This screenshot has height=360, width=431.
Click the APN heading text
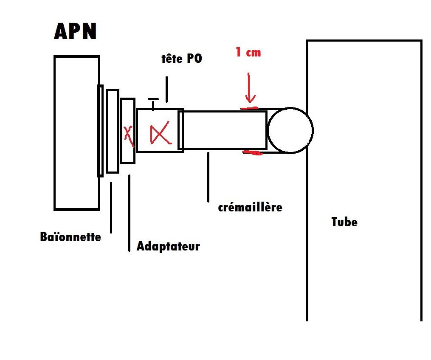pos(75,32)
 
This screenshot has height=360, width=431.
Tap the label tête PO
pos(182,59)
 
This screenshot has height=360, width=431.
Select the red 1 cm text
pos(248,53)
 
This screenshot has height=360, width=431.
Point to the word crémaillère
pos(250,208)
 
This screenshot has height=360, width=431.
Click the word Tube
pos(344,222)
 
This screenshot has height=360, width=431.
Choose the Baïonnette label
pos(70,236)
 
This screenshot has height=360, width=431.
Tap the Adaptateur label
pos(168,246)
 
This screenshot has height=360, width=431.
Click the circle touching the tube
pos(290,130)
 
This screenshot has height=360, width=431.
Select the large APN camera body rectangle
pos(76,133)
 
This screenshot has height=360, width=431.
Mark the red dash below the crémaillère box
pos(253,152)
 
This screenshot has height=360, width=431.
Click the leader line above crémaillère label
pos(208,177)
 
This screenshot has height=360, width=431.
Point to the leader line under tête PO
pos(166,89)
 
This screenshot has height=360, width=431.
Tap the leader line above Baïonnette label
pos(111,207)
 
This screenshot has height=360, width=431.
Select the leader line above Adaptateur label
pos(129,212)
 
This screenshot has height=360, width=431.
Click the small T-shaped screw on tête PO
pos(153,103)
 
